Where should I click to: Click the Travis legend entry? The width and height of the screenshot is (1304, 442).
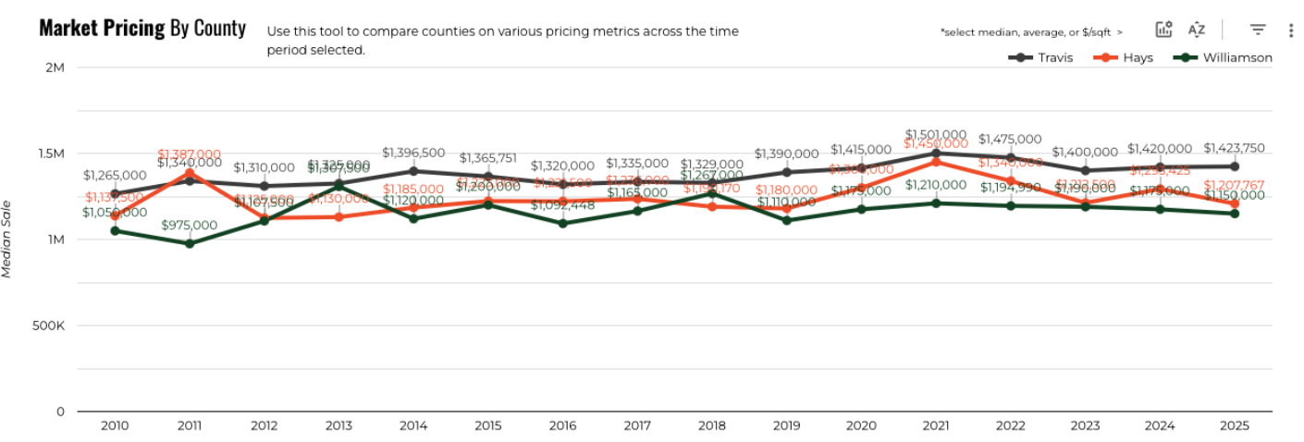coord(1041,57)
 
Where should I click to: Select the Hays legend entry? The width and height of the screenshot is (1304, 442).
coord(1126,57)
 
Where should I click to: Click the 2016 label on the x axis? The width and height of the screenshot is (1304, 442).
coord(562,426)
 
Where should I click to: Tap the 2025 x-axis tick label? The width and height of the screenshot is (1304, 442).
coord(1234,426)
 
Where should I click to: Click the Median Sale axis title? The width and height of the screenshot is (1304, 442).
coord(7,238)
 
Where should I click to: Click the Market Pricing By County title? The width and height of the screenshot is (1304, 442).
coord(142,28)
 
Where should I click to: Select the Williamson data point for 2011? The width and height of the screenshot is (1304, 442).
coord(190,243)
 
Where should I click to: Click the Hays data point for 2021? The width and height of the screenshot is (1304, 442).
coord(936,162)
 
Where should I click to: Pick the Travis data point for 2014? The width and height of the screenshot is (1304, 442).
coord(413,171)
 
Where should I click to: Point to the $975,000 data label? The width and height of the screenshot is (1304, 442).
coord(190,225)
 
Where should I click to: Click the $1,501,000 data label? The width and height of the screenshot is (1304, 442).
coord(936,134)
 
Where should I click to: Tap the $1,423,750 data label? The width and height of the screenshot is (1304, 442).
coord(1234,148)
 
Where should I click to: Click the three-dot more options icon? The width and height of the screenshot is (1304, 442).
coord(1291,30)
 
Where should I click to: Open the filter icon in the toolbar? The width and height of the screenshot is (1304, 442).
coord(1258,30)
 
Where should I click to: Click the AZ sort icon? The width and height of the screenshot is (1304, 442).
coord(1197,30)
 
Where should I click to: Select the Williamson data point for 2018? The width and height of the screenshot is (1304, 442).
coord(711,193)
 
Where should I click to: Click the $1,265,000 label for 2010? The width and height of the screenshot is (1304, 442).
coord(115,175)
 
